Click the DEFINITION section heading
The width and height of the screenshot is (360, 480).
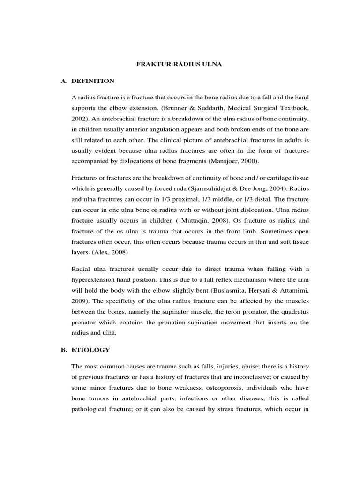(x=93, y=81)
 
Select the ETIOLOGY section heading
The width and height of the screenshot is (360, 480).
(x=91, y=350)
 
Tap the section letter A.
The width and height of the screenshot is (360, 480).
(x=63, y=81)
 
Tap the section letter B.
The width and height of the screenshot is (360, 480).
(x=63, y=350)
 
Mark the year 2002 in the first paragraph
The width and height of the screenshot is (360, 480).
(x=79, y=118)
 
